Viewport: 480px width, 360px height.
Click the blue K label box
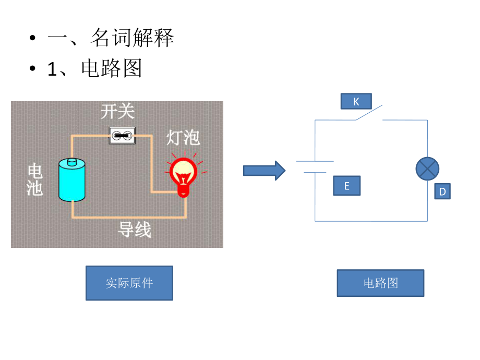(356, 101)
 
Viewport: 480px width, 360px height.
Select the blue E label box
(346, 186)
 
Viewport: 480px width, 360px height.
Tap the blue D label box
(442, 191)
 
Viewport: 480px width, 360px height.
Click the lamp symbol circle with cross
(427, 169)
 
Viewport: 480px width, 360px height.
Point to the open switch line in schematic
(369, 113)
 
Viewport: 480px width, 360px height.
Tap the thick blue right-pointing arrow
(264, 171)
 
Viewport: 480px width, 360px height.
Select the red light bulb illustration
(183, 175)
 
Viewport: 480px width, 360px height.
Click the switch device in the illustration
(122, 136)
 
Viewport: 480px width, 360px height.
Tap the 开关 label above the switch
(117, 111)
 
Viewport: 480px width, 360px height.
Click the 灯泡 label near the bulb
(183, 137)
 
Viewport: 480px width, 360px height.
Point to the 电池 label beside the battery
(34, 179)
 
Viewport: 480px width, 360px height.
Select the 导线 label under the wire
(135, 230)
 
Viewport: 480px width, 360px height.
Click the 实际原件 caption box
(129, 283)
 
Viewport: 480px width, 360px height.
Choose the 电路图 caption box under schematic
(380, 283)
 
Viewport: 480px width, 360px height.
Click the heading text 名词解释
(132, 38)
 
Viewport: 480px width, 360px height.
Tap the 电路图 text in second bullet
(112, 69)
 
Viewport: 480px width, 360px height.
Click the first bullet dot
(33, 38)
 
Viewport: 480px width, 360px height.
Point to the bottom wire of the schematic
(371, 221)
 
